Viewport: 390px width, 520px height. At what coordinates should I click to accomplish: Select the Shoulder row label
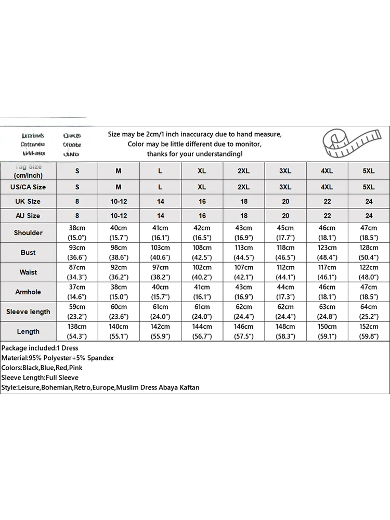[x=29, y=232]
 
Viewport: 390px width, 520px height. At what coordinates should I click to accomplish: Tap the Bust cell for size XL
[x=202, y=252]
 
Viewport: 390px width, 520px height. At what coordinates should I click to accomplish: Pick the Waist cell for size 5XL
[x=369, y=272]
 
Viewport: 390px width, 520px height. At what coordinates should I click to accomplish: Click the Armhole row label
[x=29, y=292]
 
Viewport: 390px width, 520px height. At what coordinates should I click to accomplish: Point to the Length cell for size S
[x=77, y=331]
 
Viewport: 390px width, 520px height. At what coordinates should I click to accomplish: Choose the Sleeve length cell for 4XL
[x=327, y=311]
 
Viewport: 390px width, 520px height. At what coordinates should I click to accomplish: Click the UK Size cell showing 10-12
[x=119, y=201]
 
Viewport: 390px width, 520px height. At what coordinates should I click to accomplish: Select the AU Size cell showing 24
[x=369, y=215]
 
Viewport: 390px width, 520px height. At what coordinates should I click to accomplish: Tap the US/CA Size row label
[x=29, y=187]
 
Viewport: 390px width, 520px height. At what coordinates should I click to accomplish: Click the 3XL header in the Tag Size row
[x=285, y=171]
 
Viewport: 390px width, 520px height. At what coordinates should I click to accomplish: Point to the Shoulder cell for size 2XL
[x=244, y=232]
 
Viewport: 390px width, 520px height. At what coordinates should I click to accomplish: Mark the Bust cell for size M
[x=119, y=252]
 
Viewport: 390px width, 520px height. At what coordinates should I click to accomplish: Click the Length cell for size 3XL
[x=285, y=331]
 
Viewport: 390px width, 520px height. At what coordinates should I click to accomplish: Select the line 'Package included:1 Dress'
[x=40, y=347]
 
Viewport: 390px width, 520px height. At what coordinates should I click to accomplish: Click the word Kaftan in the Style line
[x=188, y=387]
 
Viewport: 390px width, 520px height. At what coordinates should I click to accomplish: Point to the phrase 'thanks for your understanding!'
[x=194, y=154]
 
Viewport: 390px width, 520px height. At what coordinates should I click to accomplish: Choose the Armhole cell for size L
[x=160, y=292]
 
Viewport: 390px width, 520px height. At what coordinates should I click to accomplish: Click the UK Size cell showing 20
[x=285, y=201]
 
